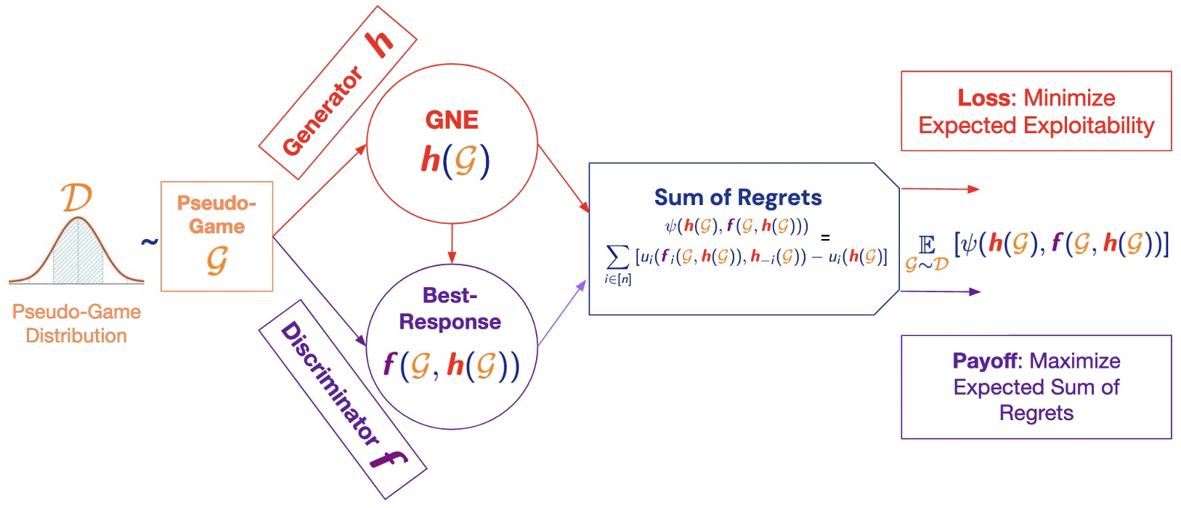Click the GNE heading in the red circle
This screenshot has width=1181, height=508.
tap(452, 120)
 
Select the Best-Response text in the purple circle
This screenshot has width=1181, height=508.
tap(450, 309)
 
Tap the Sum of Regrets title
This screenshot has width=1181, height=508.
tap(738, 198)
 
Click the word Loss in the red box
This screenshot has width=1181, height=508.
tap(984, 98)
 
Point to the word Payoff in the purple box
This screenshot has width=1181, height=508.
tap(986, 361)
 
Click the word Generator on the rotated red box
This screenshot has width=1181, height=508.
tap(322, 111)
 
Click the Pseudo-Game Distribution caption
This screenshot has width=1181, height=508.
tap(76, 323)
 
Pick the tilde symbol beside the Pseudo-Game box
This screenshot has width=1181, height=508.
tap(149, 241)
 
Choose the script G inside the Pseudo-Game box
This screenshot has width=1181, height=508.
tap(216, 259)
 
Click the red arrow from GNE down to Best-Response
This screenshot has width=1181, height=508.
tap(452, 243)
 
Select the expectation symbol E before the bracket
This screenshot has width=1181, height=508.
tap(927, 245)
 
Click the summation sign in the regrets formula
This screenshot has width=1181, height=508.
tap(617, 257)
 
